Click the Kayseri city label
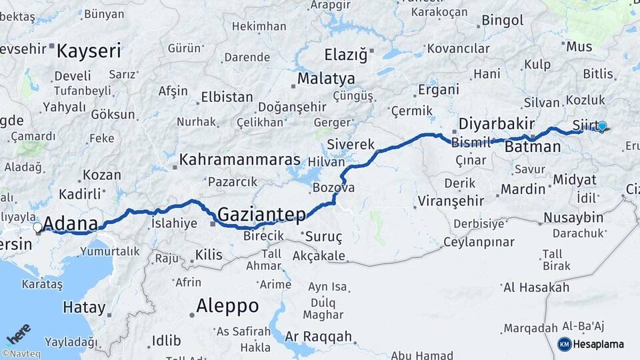(x=89, y=50)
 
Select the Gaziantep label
(x=261, y=214)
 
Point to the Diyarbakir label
(x=497, y=124)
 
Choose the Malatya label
(x=326, y=79)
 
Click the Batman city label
(x=533, y=147)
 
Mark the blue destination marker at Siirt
(x=602, y=125)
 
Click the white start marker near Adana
(x=38, y=227)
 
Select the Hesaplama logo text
(x=599, y=344)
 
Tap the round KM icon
(x=565, y=344)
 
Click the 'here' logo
(x=19, y=333)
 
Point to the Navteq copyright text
(x=21, y=354)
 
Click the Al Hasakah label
(x=537, y=287)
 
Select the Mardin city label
(x=523, y=189)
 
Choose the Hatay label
(x=84, y=307)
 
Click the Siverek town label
(x=351, y=144)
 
